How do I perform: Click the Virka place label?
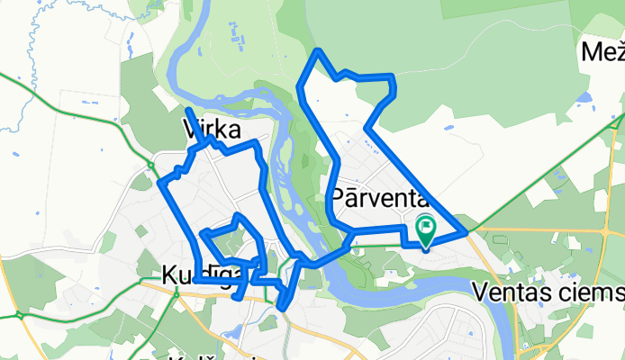click(213, 127)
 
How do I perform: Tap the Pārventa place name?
click(377, 195)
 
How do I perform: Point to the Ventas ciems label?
click(548, 292)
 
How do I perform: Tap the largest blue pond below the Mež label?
click(584, 96)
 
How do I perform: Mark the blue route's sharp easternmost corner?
click(466, 233)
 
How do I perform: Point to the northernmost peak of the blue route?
click(316, 51)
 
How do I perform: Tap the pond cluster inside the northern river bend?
click(239, 36)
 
